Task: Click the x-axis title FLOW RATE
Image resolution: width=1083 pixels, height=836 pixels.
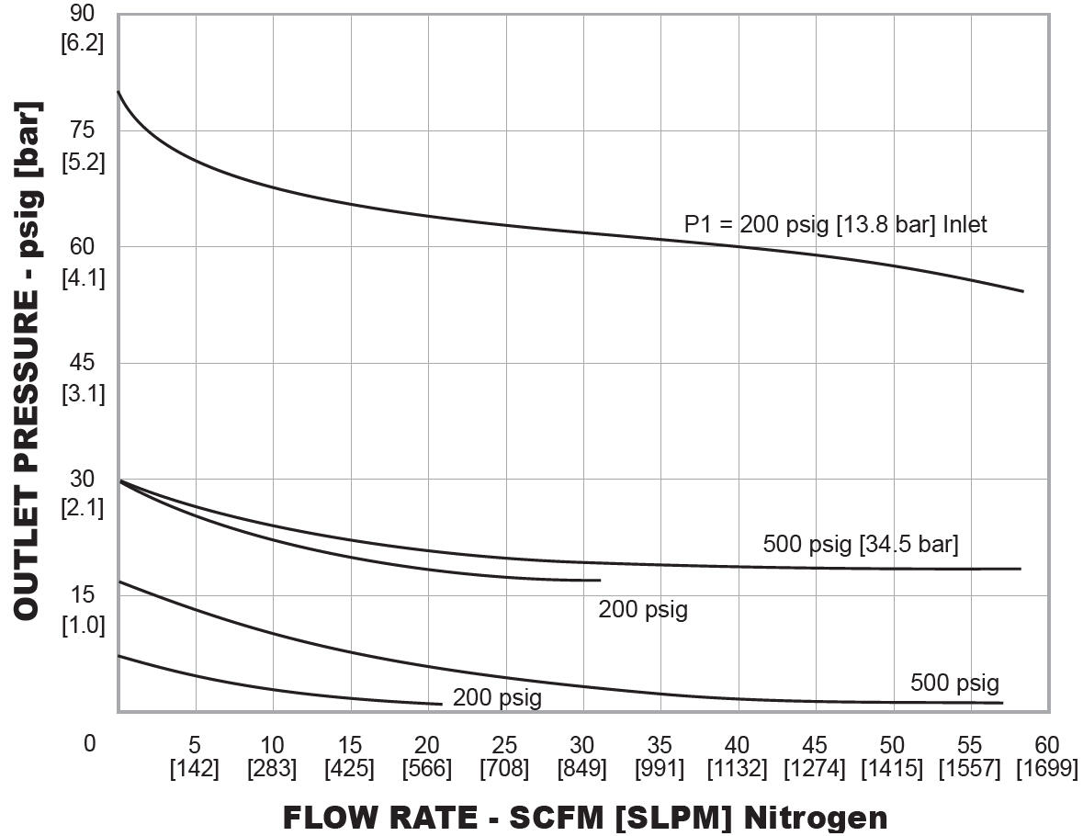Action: tap(584, 817)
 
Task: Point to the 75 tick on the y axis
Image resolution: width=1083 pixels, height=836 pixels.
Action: tap(83, 130)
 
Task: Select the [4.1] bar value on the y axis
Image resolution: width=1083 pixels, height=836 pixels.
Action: tap(83, 277)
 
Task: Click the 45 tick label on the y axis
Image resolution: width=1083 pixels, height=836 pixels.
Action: tap(83, 363)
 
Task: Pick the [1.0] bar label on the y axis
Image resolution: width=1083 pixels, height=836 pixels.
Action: tap(83, 626)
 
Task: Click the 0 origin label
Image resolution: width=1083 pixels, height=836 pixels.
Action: tap(89, 744)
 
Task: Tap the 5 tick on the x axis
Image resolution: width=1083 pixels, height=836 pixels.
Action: tap(195, 745)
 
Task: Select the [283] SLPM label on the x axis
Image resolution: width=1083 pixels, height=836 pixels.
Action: tap(272, 769)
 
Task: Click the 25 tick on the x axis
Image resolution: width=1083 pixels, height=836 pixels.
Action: tap(505, 745)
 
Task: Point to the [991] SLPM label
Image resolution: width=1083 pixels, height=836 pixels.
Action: tap(660, 769)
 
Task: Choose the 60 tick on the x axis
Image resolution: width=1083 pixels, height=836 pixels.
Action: tap(1047, 745)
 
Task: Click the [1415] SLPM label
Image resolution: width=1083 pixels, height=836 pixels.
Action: tap(892, 769)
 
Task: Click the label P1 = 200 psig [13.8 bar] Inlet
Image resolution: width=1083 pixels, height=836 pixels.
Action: tap(835, 224)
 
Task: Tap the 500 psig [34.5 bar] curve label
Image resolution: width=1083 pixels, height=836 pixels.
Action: tap(860, 544)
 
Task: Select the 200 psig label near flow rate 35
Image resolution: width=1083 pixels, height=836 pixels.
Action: tap(643, 609)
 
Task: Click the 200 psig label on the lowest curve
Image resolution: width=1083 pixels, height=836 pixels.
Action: tap(497, 698)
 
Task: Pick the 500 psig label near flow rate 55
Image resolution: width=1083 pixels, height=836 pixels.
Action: tap(954, 683)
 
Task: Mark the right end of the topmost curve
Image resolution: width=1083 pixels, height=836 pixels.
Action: tap(1022, 291)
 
